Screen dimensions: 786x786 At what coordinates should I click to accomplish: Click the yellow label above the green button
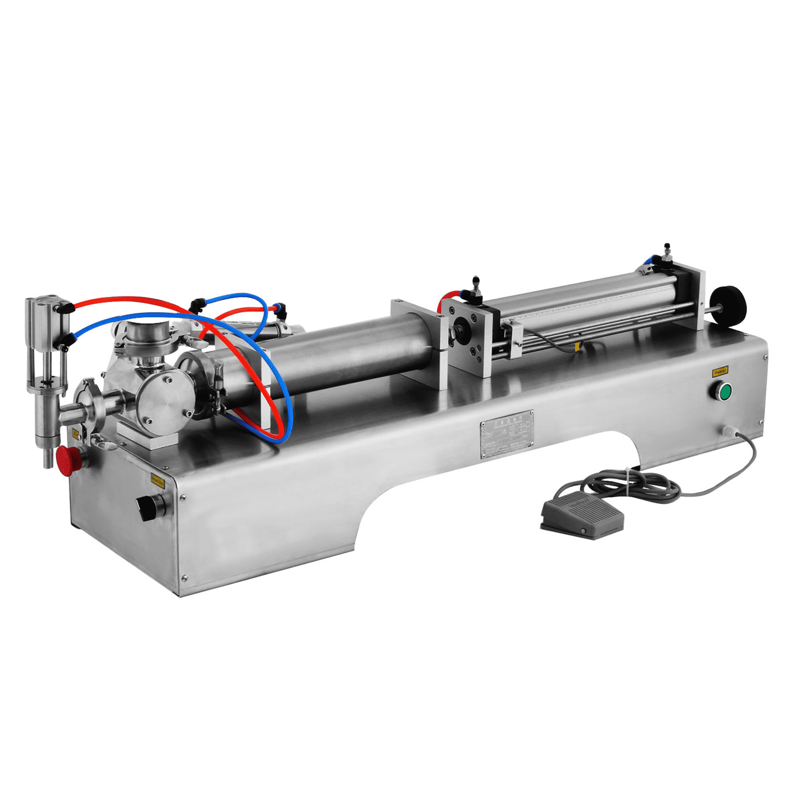(720, 371)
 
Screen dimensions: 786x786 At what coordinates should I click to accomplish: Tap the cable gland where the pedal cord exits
(728, 431)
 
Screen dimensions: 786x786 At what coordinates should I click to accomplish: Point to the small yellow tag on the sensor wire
(578, 347)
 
